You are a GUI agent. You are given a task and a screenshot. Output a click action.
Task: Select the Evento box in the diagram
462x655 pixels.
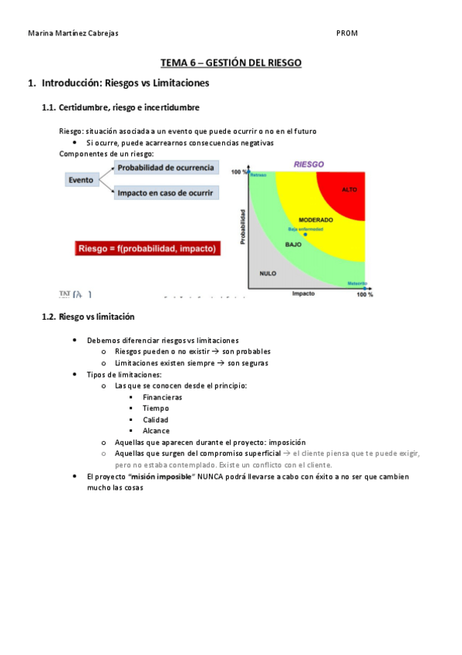click(x=81, y=180)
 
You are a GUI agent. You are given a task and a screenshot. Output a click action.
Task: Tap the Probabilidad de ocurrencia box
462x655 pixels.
click(x=166, y=168)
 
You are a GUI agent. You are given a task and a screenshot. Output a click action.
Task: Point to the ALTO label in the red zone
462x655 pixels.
click(x=349, y=189)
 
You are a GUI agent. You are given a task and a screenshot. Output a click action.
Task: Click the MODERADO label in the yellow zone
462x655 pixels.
click(x=315, y=219)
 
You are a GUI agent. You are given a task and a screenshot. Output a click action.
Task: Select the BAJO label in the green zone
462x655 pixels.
click(x=293, y=244)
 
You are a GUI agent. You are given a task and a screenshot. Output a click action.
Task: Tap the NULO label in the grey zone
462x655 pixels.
click(x=268, y=273)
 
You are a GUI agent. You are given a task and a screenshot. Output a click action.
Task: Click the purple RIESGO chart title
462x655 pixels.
click(x=309, y=164)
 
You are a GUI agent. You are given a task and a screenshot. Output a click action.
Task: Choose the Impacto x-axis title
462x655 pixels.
click(x=303, y=294)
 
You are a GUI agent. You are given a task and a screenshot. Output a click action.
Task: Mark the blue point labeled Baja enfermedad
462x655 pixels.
click(x=305, y=233)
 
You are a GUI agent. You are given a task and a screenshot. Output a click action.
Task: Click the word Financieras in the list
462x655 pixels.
click(x=162, y=397)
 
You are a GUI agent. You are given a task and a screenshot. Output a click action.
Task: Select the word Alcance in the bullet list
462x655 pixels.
click(x=157, y=431)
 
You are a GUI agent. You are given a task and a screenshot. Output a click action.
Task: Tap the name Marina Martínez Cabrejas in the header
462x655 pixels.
click(x=73, y=33)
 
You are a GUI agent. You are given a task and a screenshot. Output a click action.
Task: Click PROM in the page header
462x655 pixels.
click(x=347, y=33)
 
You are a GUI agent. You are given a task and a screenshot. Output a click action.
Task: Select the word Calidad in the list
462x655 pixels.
click(x=156, y=419)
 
